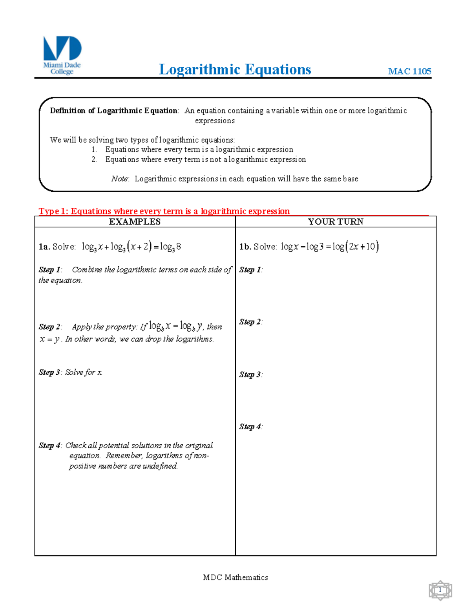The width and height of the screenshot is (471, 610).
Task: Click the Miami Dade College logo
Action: click(62, 55)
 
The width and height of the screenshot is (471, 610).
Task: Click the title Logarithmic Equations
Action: click(235, 70)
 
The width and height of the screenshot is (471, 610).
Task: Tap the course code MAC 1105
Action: click(409, 71)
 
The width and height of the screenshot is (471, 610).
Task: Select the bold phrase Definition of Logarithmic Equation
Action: click(113, 111)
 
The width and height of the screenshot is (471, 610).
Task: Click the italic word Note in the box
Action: click(119, 179)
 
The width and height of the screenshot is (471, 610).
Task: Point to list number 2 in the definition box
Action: click(94, 159)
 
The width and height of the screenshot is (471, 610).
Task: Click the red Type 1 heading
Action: click(164, 211)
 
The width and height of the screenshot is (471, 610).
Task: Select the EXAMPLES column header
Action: click(135, 222)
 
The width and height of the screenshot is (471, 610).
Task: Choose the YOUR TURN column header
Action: click(336, 222)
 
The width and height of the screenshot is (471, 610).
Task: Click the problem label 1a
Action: click(44, 247)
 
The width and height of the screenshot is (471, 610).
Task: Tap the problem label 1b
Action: click(245, 247)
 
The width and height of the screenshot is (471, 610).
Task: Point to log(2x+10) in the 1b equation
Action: click(355, 247)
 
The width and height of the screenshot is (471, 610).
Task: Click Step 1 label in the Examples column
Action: click(49, 270)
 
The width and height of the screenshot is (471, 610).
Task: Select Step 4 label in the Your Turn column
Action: click(250, 427)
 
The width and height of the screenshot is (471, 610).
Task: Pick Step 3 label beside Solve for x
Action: click(49, 372)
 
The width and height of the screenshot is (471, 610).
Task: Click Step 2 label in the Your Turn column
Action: click(250, 322)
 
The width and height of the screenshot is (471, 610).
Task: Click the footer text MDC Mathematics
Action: click(235, 577)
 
